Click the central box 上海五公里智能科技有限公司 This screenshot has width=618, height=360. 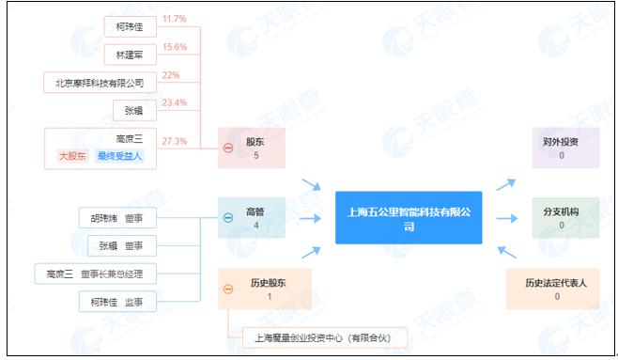409,218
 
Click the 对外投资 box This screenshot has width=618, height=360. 560,149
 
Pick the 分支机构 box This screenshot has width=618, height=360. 560,218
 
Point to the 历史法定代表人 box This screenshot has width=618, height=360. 560,289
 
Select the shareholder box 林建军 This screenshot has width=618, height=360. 128,55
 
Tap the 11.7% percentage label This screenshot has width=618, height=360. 175,18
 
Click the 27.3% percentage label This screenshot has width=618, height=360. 175,141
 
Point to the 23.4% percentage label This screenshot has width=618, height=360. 175,103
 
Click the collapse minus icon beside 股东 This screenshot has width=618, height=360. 228,149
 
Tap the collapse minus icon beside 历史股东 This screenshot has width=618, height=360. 228,289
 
